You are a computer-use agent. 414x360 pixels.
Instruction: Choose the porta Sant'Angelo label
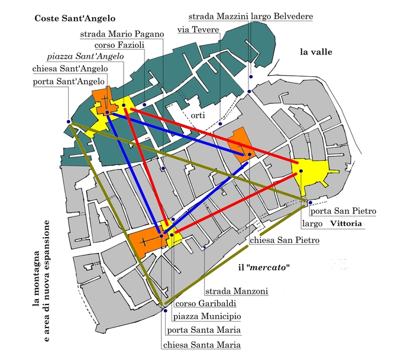(69, 80)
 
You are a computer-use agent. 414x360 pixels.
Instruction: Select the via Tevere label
(198, 30)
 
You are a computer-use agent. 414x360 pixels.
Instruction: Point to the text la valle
(316, 53)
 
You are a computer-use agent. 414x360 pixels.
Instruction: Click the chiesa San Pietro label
(284, 241)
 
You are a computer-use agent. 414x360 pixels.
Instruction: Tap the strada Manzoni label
(237, 291)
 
